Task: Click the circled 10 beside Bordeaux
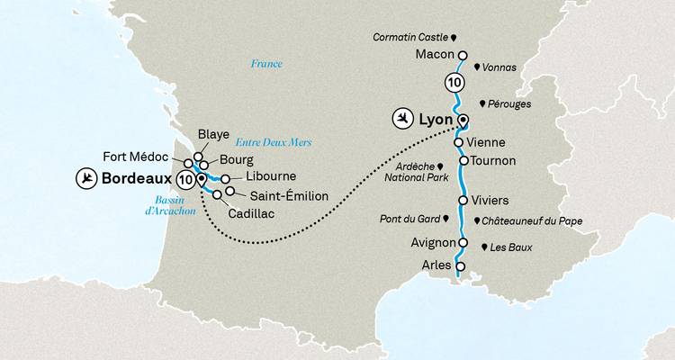(186, 179)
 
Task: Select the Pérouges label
(510, 104)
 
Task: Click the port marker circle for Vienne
(460, 142)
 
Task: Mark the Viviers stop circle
(463, 201)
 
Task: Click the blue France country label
(266, 64)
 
